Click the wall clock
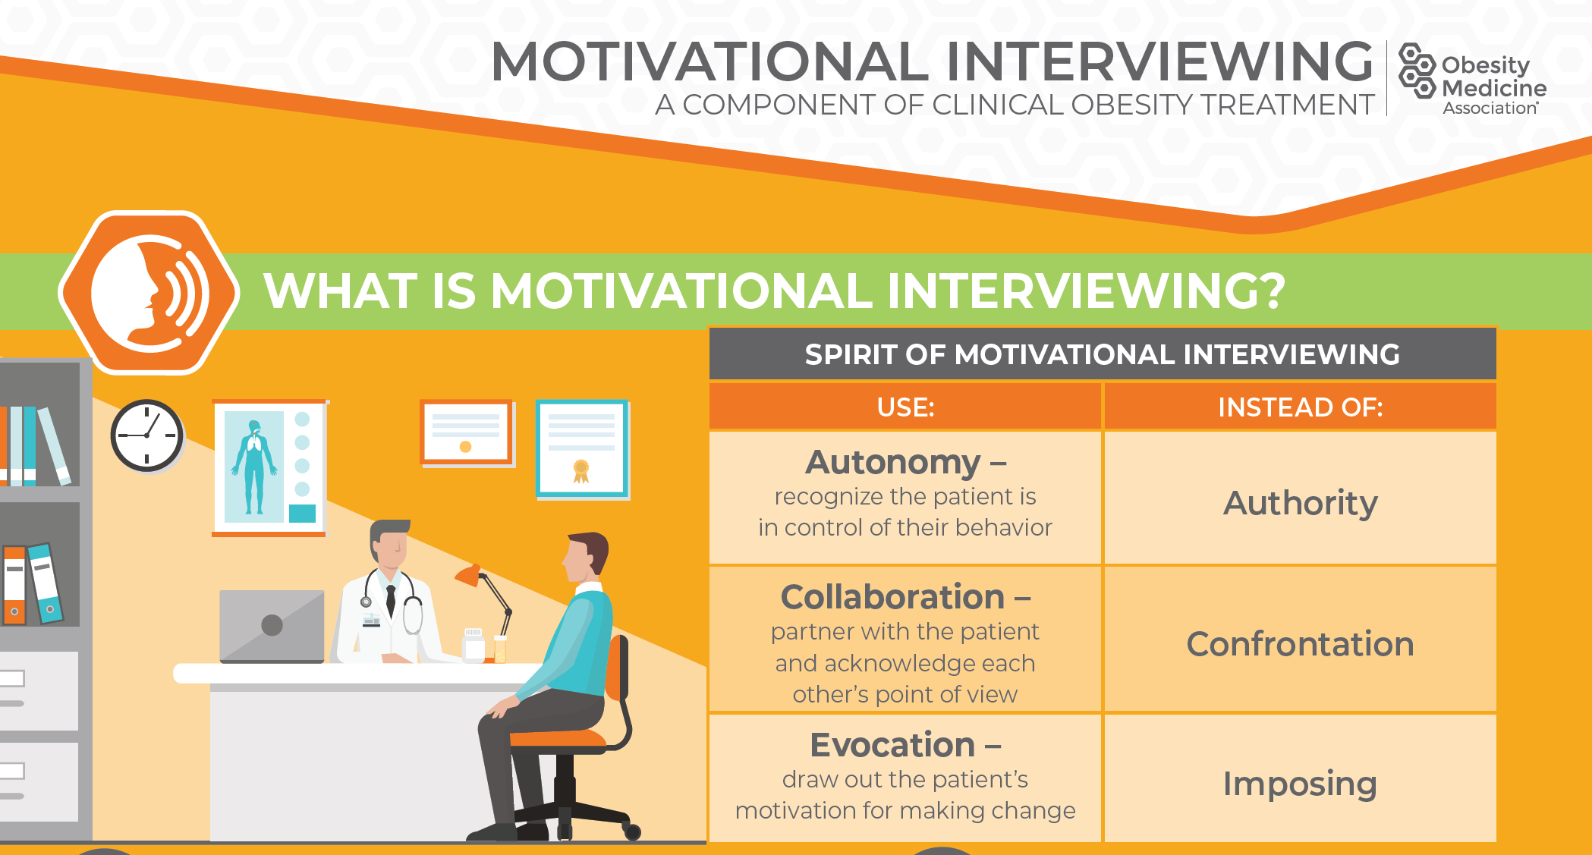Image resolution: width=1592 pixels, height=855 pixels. [x=147, y=435]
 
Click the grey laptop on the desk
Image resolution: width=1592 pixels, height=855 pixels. [x=272, y=626]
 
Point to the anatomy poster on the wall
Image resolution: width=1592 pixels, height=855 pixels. [x=269, y=467]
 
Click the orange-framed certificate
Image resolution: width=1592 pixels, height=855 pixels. [x=467, y=432]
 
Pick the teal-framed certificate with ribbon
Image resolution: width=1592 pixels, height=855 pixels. [x=582, y=448]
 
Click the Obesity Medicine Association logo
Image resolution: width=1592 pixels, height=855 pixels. [x=1472, y=79]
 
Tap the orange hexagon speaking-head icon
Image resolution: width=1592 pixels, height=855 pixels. [x=149, y=293]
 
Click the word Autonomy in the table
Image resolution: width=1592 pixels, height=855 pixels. [x=893, y=462]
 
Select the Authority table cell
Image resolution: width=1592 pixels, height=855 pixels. [x=1301, y=498]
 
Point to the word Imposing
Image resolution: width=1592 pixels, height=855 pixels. [x=1300, y=784]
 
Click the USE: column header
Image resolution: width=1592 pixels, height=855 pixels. [x=905, y=407]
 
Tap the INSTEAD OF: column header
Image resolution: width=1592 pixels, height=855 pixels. [x=1301, y=407]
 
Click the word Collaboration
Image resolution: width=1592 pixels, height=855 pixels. [x=892, y=597]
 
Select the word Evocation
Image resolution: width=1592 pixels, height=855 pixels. [x=892, y=745]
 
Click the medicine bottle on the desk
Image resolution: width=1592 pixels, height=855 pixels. [x=474, y=645]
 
